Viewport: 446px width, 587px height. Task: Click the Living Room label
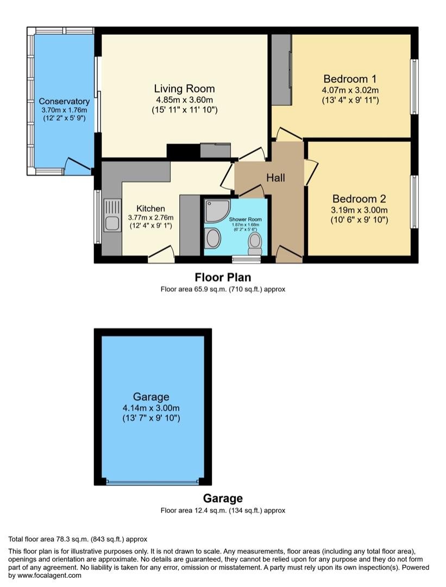pos(185,89)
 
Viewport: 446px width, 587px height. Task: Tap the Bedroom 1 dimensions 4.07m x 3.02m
pos(350,90)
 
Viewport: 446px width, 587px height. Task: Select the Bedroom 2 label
pos(359,199)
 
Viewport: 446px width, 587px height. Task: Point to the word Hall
pos(276,177)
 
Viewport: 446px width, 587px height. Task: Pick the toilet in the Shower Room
pos(255,243)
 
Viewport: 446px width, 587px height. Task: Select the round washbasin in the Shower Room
pos(213,238)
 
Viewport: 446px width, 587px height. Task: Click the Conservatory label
pos(64,102)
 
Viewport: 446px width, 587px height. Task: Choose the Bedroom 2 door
pos(311,172)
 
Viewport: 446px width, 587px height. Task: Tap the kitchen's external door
pos(162,253)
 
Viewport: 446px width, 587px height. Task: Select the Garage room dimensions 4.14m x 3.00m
pos(151,408)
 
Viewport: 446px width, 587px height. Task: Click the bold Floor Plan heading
pos(223,277)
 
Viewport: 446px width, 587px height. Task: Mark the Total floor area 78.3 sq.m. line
pos(78,540)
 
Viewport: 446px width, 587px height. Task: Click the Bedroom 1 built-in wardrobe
pos(281,70)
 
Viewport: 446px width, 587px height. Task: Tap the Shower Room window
pos(246,259)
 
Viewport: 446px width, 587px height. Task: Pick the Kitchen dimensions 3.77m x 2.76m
pos(151,217)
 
